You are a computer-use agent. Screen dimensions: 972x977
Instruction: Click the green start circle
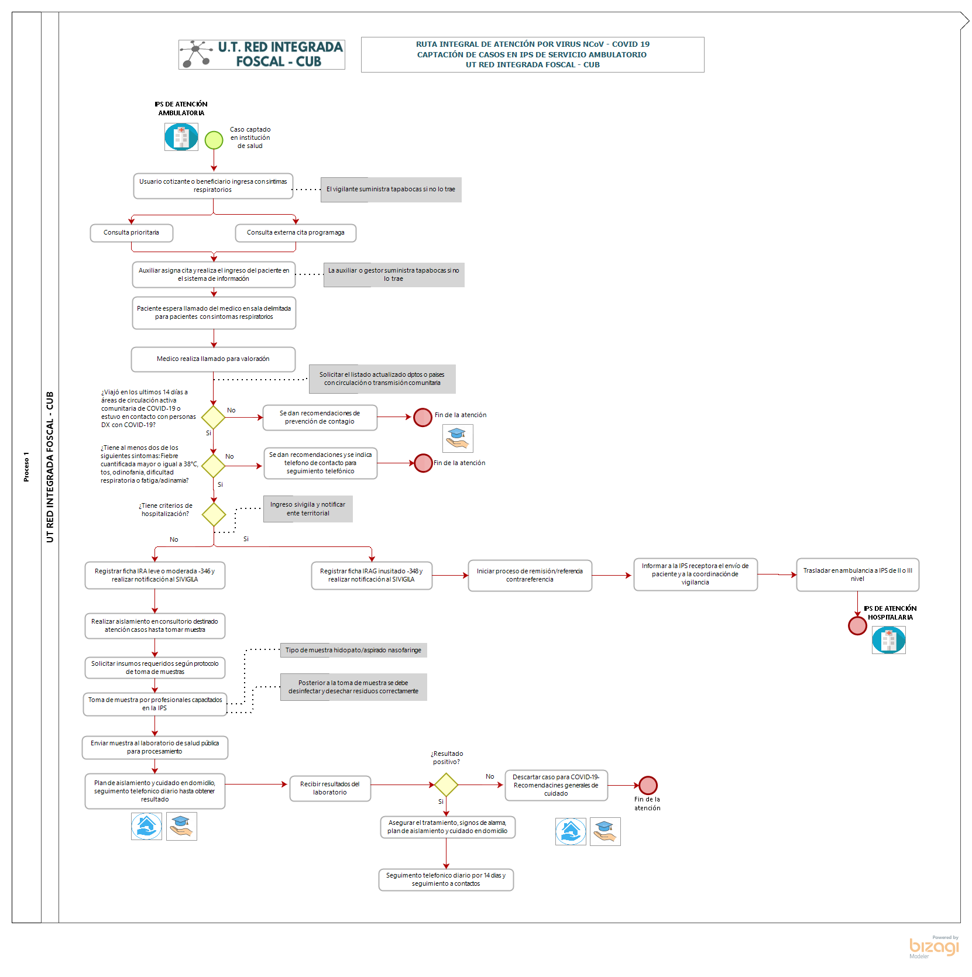(214, 140)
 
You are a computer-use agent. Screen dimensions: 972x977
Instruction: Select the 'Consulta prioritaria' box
(132, 233)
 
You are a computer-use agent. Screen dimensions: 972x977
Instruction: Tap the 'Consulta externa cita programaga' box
(296, 233)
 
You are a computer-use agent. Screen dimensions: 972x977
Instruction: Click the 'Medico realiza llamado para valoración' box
(213, 359)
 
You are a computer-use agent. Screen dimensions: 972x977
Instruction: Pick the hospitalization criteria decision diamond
(214, 515)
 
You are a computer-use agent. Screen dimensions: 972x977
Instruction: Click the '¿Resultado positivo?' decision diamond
(446, 785)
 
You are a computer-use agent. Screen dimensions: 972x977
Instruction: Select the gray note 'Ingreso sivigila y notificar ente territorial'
(308, 509)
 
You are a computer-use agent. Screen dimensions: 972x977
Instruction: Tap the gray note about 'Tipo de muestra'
(353, 650)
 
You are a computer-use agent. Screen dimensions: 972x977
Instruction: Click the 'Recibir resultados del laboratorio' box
(330, 788)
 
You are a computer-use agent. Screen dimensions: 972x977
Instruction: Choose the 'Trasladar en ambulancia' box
(857, 574)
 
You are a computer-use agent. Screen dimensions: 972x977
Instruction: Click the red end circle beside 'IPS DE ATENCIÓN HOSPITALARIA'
(857, 625)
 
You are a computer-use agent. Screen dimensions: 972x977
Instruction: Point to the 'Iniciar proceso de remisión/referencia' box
(530, 576)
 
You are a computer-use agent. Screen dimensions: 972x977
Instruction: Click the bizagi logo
(934, 947)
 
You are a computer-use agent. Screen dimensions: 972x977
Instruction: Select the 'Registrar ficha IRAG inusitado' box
(372, 576)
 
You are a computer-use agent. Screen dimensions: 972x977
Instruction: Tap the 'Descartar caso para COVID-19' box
(556, 785)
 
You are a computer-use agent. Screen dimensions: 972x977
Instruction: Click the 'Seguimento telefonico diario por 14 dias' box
(446, 879)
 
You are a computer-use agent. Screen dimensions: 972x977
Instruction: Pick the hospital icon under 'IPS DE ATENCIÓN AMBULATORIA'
(181, 137)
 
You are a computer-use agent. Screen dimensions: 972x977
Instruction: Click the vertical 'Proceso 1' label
(26, 467)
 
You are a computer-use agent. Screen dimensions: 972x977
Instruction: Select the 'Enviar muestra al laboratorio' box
(155, 748)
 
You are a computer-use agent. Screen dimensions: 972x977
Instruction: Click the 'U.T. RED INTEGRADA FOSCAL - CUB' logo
(262, 54)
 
